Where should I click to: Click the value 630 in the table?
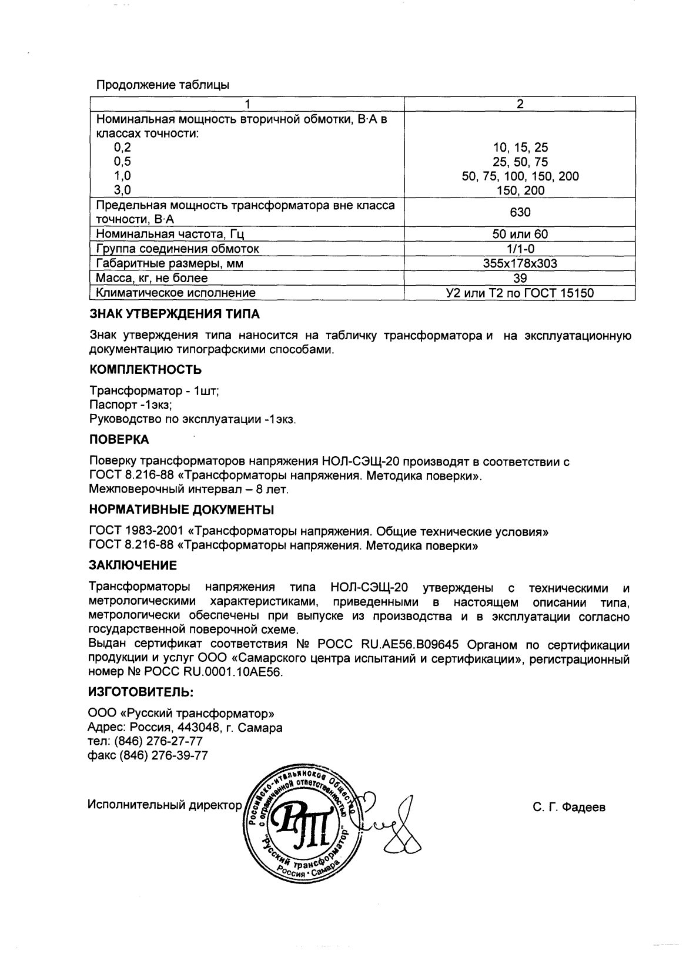(x=520, y=212)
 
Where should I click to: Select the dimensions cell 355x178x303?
(x=520, y=263)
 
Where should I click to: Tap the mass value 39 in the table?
(x=520, y=278)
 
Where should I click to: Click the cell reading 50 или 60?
(x=520, y=234)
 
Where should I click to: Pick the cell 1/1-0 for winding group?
(x=520, y=249)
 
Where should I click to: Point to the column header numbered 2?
(x=520, y=104)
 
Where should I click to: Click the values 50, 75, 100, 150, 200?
(x=520, y=176)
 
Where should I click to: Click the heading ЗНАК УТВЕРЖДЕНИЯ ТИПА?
(x=174, y=314)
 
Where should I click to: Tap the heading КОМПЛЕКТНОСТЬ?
(x=145, y=370)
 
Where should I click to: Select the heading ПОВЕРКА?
(x=119, y=440)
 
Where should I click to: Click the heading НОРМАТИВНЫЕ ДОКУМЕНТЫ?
(x=181, y=509)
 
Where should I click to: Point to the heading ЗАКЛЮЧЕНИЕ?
(x=132, y=565)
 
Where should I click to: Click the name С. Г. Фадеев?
(x=569, y=807)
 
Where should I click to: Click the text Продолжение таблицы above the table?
(x=162, y=85)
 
